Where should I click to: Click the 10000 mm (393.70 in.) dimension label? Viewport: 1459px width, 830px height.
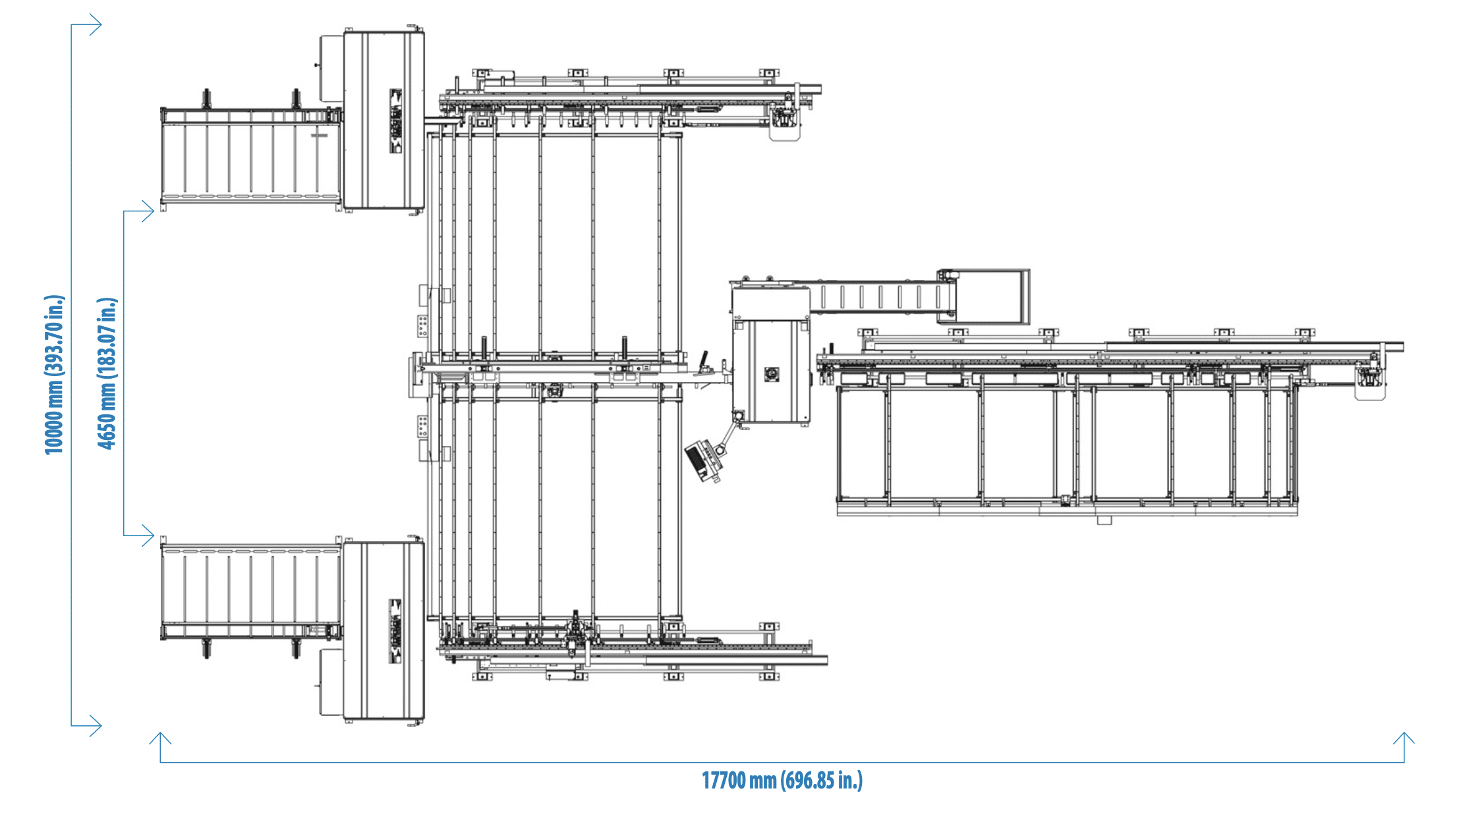point(55,375)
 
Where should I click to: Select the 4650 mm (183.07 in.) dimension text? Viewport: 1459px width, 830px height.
point(107,373)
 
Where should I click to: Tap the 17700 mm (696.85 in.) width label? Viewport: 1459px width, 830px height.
point(782,781)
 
